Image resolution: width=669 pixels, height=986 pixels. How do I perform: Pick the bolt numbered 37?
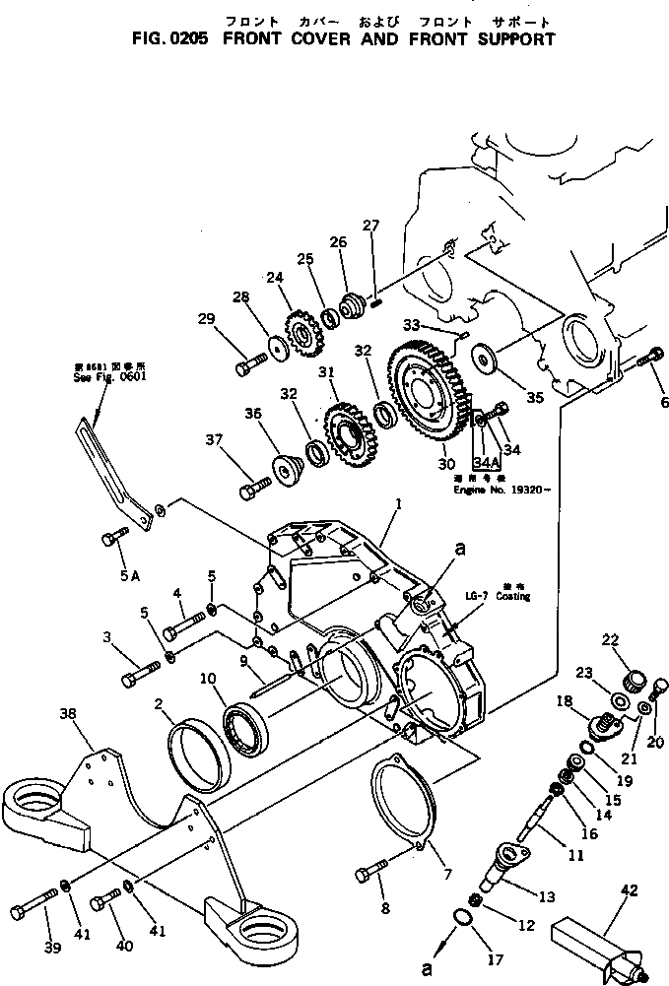tap(255, 487)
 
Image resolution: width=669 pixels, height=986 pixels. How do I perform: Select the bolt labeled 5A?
tap(112, 538)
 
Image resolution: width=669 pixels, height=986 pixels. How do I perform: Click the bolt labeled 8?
tap(374, 872)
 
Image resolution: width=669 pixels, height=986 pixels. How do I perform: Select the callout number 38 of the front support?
tap(67, 717)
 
